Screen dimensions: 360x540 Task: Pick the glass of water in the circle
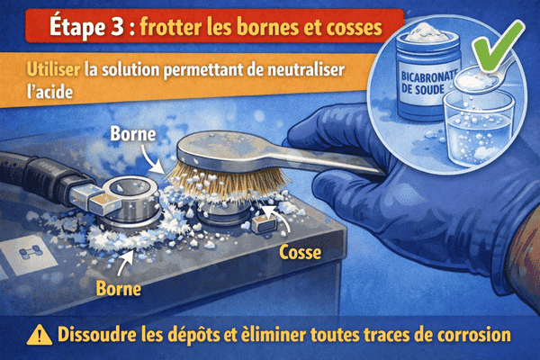[476, 135]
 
